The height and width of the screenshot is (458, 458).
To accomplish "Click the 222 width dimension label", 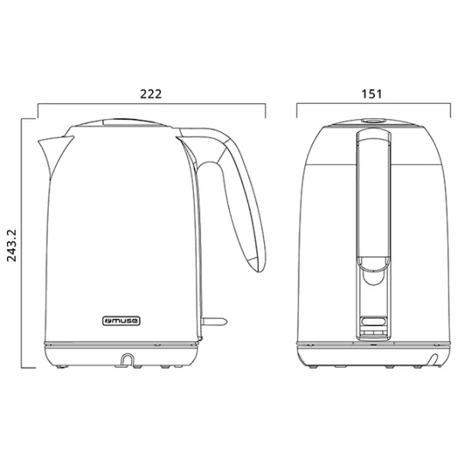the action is click(150, 94).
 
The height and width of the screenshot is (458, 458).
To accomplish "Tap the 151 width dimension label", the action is click(372, 94).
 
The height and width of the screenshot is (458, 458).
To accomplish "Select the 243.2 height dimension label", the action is click(12, 246).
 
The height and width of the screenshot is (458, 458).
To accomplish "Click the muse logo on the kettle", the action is click(121, 321).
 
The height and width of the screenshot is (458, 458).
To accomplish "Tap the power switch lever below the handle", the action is click(214, 321).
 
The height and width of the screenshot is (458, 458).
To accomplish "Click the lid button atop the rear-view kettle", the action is click(373, 120).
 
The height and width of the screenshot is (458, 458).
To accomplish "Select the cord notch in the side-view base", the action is click(127, 360).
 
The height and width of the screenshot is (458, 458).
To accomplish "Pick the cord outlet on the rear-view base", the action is click(434, 360).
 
